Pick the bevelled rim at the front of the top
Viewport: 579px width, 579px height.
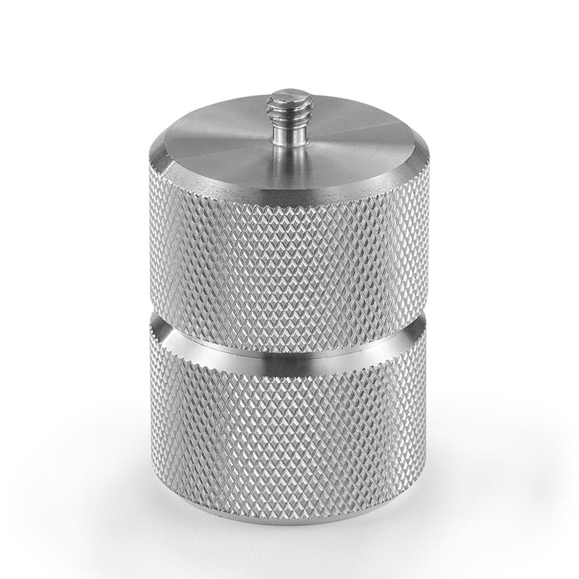[x=289, y=187]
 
